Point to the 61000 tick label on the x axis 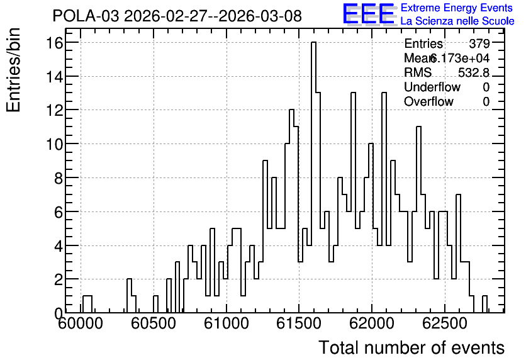[x=227, y=323]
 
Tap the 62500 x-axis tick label [x=444, y=323]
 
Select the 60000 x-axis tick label [x=81, y=323]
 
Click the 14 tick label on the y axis [x=55, y=77]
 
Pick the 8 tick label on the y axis [x=59, y=178]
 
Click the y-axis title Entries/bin [x=13, y=70]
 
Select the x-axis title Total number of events [x=411, y=347]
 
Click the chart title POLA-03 [x=86, y=16]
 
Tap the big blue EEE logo [x=369, y=14]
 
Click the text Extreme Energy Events [x=457, y=8]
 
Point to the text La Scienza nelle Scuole [x=457, y=21]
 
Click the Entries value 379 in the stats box [x=479, y=43]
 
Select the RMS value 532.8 [x=474, y=72]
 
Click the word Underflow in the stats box [x=432, y=87]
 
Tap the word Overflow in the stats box [x=428, y=101]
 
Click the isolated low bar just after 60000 [x=87, y=304]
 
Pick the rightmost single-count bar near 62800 [x=484, y=304]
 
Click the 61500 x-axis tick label [x=299, y=323]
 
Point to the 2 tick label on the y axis [x=59, y=279]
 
